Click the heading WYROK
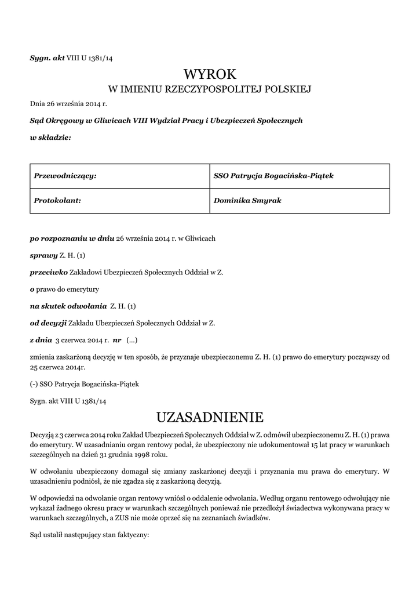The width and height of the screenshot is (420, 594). pos(210,74)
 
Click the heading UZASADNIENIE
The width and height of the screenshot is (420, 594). pos(210,417)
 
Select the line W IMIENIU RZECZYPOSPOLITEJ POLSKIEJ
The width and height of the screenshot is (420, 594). pos(210,89)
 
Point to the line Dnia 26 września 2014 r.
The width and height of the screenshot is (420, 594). pos(68,104)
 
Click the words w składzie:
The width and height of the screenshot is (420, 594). pos(50,137)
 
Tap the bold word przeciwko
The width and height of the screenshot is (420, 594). pos(49,272)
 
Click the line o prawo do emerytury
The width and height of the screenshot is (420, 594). pos(64,289)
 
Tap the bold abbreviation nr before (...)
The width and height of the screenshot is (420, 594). pos(116,339)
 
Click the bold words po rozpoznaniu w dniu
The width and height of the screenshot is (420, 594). pos(72,238)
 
